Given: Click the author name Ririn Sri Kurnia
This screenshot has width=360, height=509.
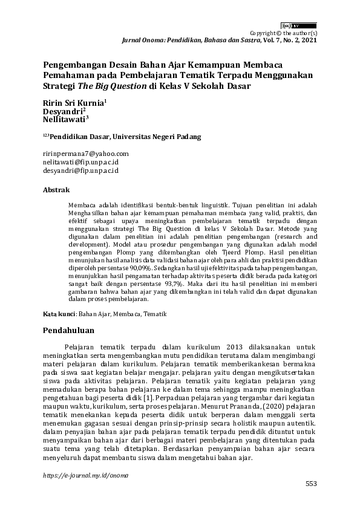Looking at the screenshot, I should click(73, 103).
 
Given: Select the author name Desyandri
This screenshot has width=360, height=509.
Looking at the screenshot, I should click(62, 111).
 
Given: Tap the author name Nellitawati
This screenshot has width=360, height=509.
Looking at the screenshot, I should click(66, 120).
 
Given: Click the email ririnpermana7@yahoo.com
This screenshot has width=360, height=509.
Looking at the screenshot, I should click(85, 154).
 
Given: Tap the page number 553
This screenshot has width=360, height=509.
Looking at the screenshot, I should click(310, 484).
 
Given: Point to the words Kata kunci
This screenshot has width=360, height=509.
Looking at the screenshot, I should click(59, 314).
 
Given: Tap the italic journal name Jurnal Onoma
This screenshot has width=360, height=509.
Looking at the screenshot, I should click(141, 40).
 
